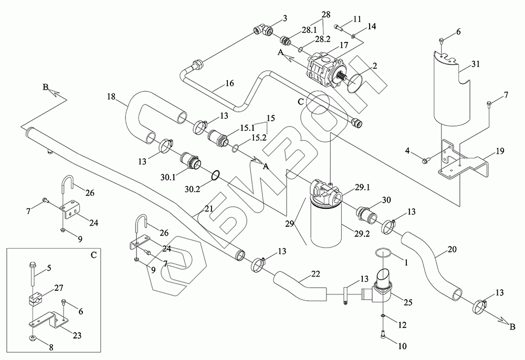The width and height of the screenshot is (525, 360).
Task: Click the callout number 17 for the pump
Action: pos(344,46)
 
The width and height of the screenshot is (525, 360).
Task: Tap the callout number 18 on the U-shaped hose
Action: pos(111,97)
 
